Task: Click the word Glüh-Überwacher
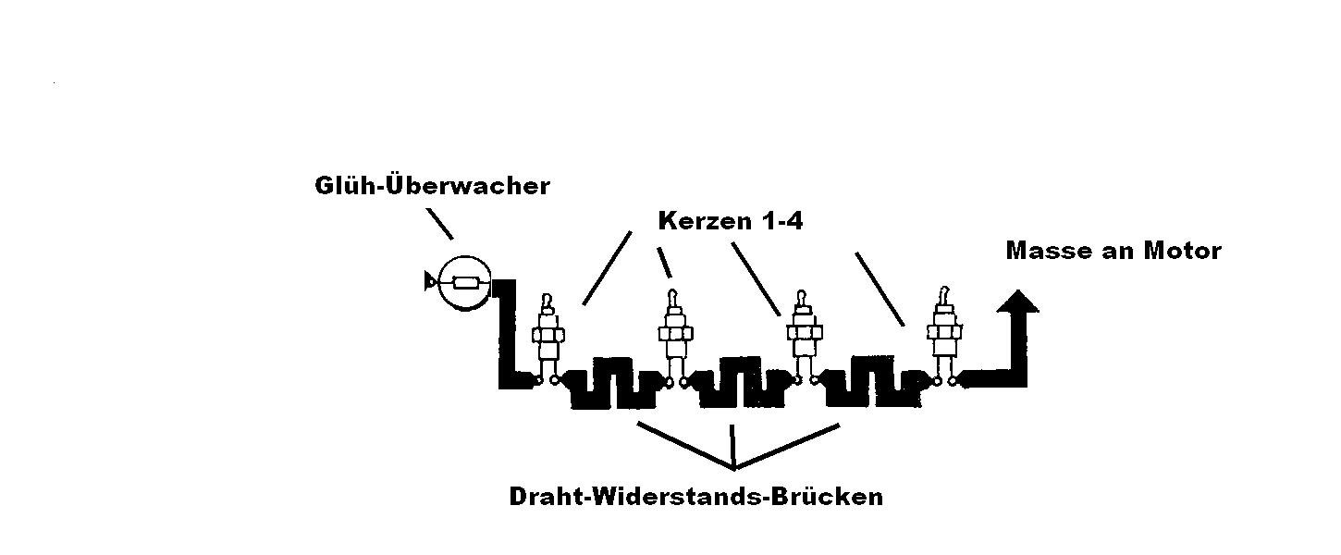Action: [432, 186]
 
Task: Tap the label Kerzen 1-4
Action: [731, 221]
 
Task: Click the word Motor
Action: [1182, 251]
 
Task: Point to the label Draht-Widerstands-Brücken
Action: [695, 497]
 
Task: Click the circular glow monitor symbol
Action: [465, 283]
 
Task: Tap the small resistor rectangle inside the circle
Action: [465, 283]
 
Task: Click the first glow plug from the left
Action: [547, 339]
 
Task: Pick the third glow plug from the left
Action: [805, 337]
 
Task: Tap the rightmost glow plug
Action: [944, 335]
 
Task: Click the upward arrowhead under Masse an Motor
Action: [1017, 302]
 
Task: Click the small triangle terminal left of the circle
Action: [429, 281]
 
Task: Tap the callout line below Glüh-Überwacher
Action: [439, 224]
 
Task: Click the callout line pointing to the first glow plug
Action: [607, 268]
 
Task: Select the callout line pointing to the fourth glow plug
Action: [880, 290]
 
